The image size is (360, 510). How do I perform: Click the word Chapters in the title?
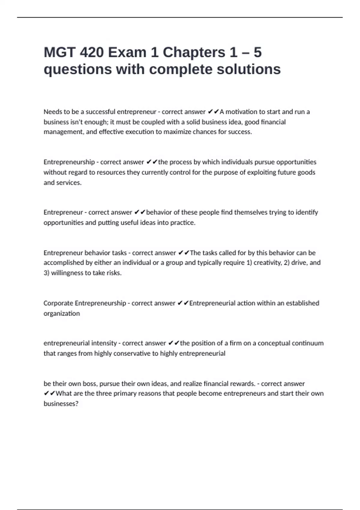click(x=194, y=52)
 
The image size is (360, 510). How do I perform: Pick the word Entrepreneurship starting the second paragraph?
click(x=69, y=162)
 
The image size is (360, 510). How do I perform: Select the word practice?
click(x=183, y=223)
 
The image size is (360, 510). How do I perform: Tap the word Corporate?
click(x=58, y=303)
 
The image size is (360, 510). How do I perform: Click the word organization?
click(x=62, y=313)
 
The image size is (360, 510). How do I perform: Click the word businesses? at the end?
click(x=61, y=404)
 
